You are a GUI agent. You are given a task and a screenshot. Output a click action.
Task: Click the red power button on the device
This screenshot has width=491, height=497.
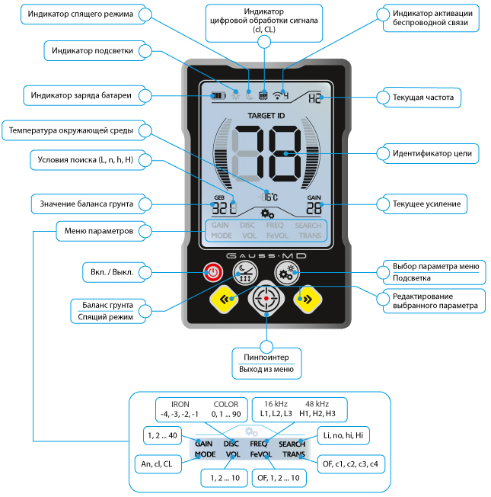click(213, 271)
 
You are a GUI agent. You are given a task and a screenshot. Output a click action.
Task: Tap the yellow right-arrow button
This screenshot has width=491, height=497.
click(304, 298)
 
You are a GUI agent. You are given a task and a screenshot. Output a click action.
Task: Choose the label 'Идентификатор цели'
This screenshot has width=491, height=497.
click(427, 153)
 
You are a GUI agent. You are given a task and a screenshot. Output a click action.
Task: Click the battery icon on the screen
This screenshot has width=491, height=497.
click(219, 96)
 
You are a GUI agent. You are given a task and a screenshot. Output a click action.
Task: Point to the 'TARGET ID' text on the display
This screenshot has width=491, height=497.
click(266, 116)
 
